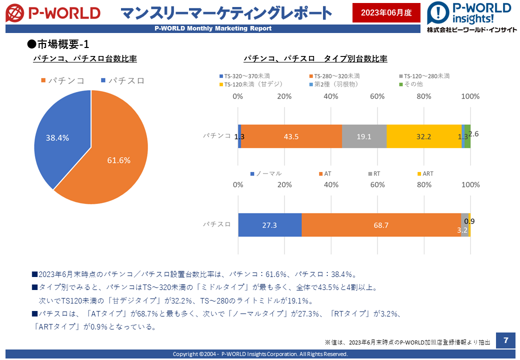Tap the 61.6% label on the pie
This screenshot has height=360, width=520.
click(x=118, y=160)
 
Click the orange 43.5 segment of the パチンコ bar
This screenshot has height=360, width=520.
click(x=291, y=136)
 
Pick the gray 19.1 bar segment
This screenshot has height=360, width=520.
click(x=364, y=136)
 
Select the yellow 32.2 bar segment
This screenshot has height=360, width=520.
click(x=424, y=136)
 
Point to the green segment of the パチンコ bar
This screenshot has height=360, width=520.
click(x=467, y=136)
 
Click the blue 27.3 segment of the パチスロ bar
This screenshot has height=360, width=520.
click(x=269, y=225)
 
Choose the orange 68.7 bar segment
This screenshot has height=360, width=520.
click(x=381, y=225)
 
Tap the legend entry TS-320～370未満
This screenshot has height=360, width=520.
click(x=244, y=76)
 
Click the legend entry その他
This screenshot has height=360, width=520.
click(x=411, y=84)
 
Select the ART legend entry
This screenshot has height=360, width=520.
click(x=425, y=173)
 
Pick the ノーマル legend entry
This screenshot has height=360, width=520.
click(x=266, y=173)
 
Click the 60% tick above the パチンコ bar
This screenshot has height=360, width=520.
click(x=377, y=96)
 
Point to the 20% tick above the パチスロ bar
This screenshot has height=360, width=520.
click(x=284, y=184)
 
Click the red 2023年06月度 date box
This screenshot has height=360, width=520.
click(x=386, y=12)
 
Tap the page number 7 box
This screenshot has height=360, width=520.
click(x=505, y=340)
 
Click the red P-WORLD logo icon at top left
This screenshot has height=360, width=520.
click(x=15, y=13)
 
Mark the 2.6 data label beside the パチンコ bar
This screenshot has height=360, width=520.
click(x=473, y=134)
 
